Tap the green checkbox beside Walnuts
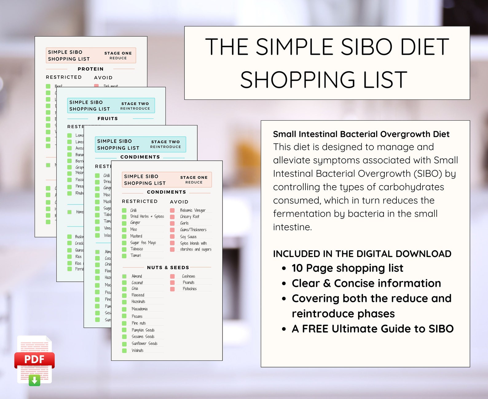pyautogui.click(x=124, y=351)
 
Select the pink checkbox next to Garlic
pyautogui.click(x=172, y=223)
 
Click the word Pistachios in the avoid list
pyautogui.click(x=190, y=289)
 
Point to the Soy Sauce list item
pyautogui.click(x=188, y=237)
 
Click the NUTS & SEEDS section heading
pyautogui.click(x=168, y=268)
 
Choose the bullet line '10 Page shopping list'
pyautogui.click(x=347, y=268)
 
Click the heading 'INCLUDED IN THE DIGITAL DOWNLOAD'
pyautogui.click(x=362, y=254)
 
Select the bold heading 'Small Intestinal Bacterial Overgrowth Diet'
pyautogui.click(x=361, y=134)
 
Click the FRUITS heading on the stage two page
pyautogui.click(x=108, y=119)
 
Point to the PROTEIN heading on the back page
pyautogui.click(x=90, y=69)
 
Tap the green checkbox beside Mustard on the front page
pyautogui.click(x=124, y=236)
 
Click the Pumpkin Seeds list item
pyautogui.click(x=143, y=330)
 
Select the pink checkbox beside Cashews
pyautogui.click(x=172, y=276)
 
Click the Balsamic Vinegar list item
pyautogui.click(x=193, y=210)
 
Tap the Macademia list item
pyautogui.click(x=140, y=309)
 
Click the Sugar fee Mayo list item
pyautogui.click(x=143, y=243)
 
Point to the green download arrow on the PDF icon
pyautogui.click(x=34, y=380)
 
